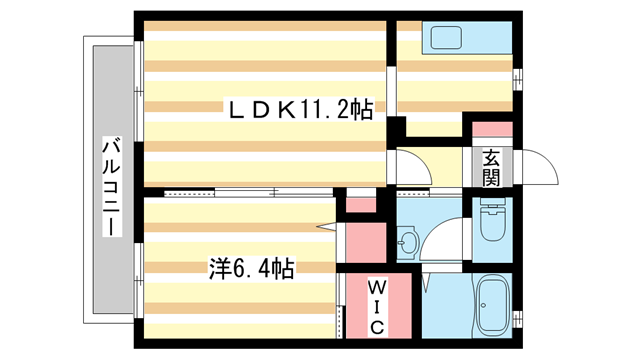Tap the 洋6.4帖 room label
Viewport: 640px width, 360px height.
pos(250,268)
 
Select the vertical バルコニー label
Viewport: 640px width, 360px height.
pos(109,189)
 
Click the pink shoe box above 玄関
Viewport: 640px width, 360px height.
pos(491,130)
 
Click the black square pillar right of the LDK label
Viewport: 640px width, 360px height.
pos(396,128)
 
